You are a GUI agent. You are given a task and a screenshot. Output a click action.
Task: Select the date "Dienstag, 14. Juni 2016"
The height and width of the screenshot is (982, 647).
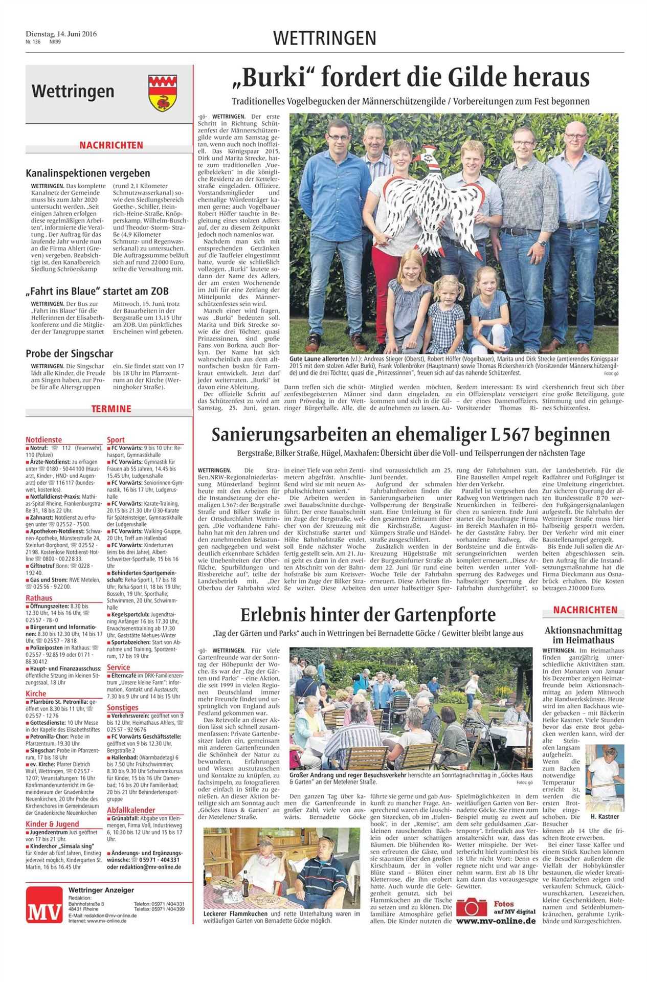[x=61, y=35]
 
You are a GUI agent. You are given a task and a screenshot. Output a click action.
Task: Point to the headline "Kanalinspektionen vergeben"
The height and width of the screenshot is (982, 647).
[x=88, y=173]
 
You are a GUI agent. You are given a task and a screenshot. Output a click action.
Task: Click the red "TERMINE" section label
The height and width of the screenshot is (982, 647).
[x=111, y=408]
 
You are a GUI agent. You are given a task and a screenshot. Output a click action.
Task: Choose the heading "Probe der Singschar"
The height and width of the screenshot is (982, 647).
[x=70, y=353]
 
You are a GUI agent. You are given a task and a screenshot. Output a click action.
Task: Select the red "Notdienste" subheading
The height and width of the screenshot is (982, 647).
[x=43, y=439]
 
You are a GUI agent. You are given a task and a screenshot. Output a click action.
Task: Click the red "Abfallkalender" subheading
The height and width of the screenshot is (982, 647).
[x=131, y=810]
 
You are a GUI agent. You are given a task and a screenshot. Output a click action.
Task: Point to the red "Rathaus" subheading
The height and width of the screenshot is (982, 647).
[x=39, y=598]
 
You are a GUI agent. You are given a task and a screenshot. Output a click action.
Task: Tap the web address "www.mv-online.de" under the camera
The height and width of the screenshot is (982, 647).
[x=496, y=921]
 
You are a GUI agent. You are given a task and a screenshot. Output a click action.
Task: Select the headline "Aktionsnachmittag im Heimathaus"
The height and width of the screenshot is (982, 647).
[x=586, y=635]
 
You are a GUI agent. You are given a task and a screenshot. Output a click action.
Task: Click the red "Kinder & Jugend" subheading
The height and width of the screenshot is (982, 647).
[x=52, y=823]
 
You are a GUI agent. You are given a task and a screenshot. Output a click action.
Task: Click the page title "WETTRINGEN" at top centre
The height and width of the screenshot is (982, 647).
[x=325, y=38]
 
